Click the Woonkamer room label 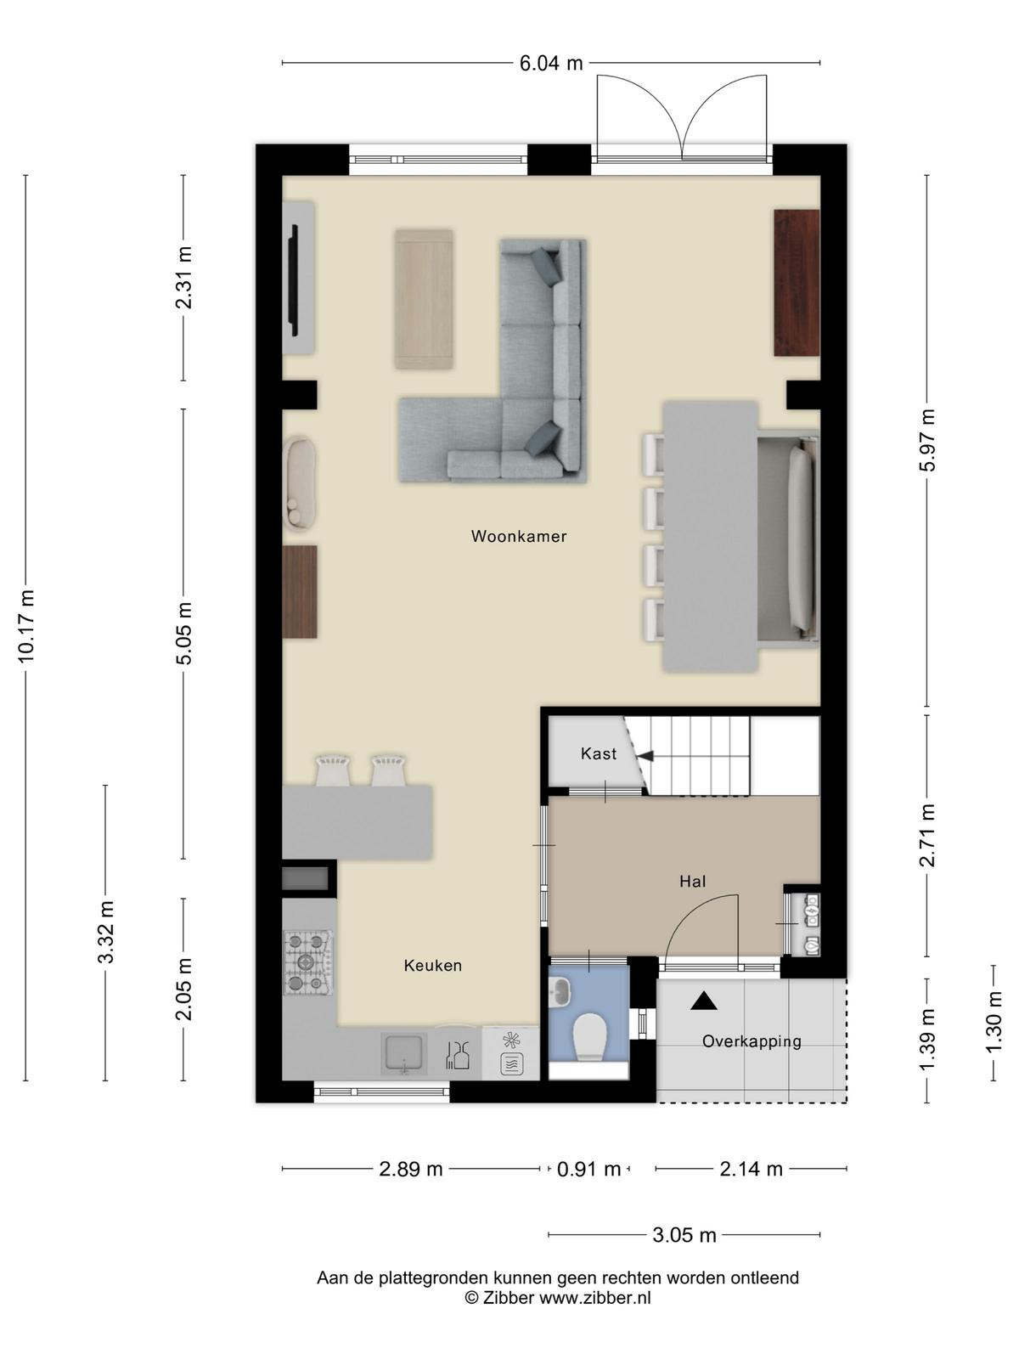[519, 536]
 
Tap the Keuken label [432, 965]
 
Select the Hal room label [692, 881]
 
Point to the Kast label [599, 753]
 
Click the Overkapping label [752, 1041]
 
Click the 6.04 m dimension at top [550, 63]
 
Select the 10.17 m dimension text [26, 626]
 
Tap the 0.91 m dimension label [588, 1169]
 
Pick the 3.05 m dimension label [684, 1235]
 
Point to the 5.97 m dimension [926, 440]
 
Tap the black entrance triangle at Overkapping [703, 1001]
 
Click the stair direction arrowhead [645, 756]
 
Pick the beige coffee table [424, 299]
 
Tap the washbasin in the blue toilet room [562, 990]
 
